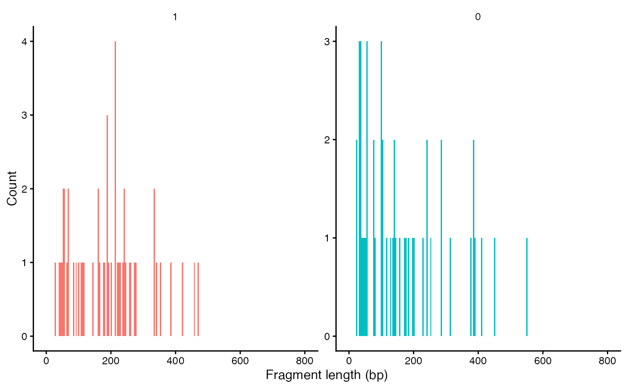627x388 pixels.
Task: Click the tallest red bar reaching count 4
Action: (115, 188)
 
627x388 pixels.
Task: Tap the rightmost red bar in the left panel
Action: (198, 299)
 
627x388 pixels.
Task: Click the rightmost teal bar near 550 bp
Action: (527, 287)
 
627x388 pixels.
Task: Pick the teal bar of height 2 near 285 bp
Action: (441, 238)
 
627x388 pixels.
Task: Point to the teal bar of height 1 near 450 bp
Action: (494, 287)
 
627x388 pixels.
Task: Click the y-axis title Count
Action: (12, 188)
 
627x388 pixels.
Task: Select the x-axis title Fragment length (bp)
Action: (326, 375)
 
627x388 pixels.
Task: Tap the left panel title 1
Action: (175, 17)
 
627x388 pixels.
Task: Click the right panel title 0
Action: (478, 17)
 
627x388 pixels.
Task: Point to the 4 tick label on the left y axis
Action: (25, 42)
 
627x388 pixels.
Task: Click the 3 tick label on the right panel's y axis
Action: (327, 42)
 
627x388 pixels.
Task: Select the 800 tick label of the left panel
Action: (305, 362)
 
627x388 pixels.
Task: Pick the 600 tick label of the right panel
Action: (543, 362)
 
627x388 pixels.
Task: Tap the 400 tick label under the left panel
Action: (175, 362)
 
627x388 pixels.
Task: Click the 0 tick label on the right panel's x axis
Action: (349, 362)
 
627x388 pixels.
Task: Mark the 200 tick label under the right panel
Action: (413, 362)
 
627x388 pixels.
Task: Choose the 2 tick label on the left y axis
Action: (25, 189)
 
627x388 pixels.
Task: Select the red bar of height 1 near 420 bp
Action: (182, 299)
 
